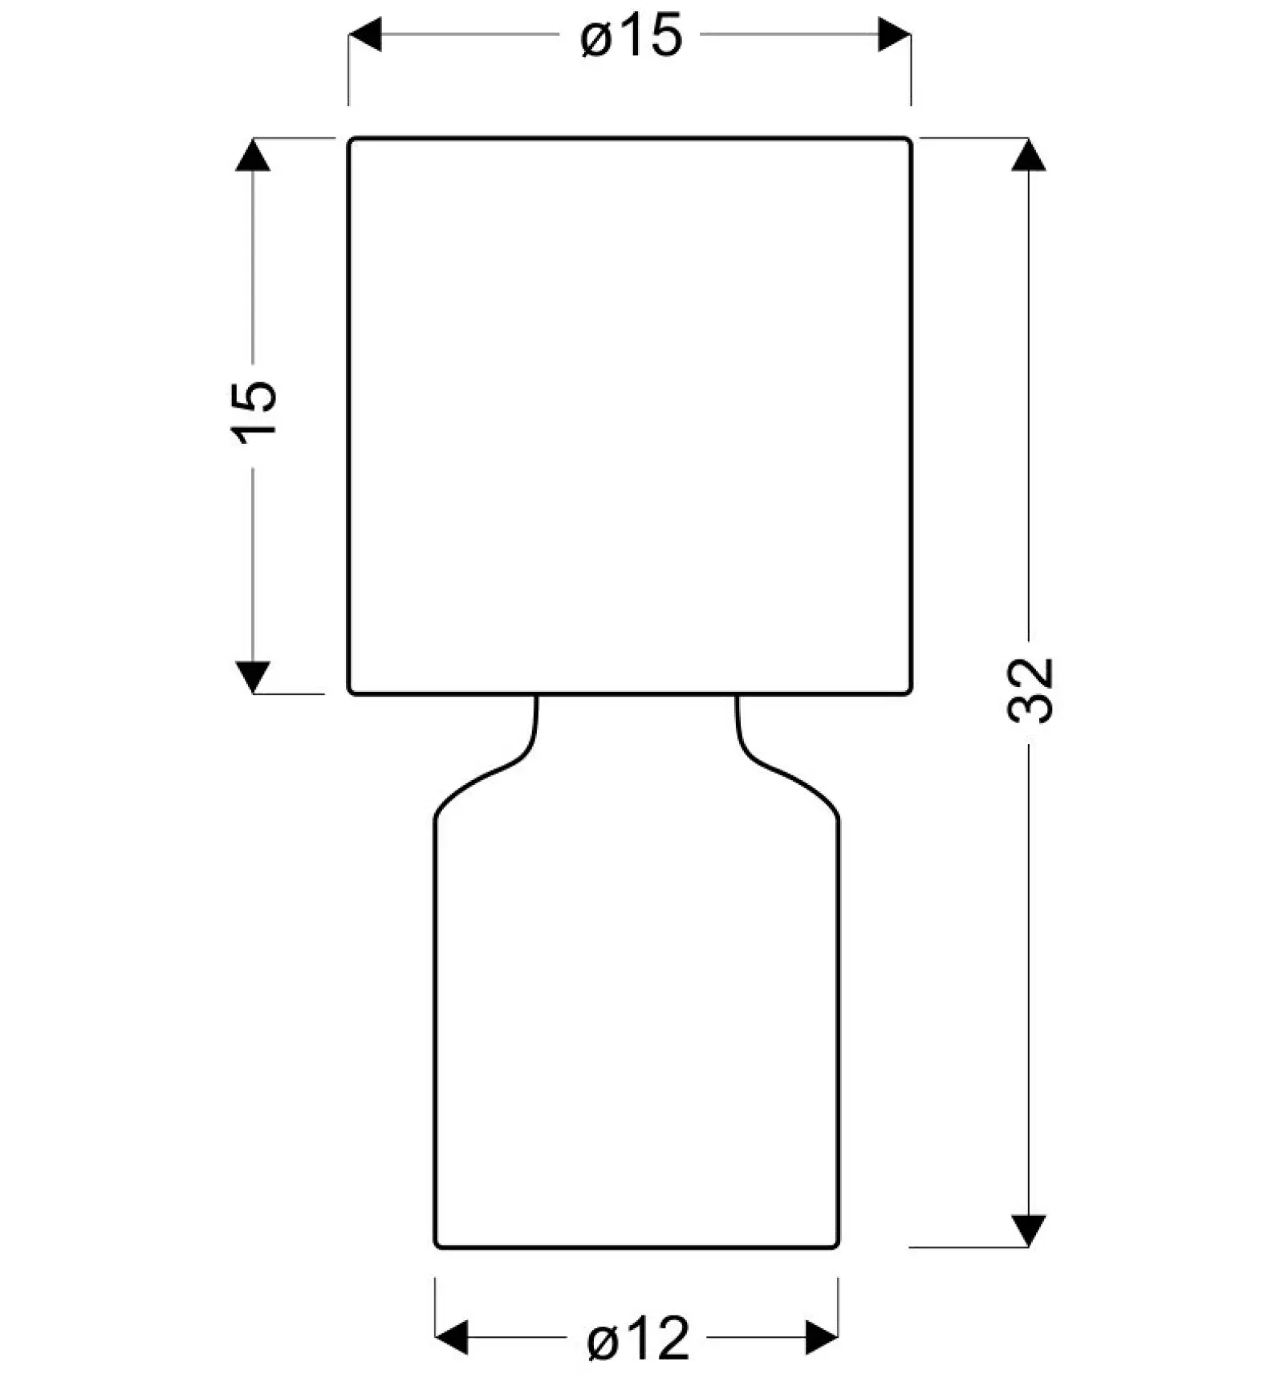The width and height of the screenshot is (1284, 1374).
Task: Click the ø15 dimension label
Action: [x=631, y=36]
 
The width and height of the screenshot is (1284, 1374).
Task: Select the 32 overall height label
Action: [x=1030, y=690]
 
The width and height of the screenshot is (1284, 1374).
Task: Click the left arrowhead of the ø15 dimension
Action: [x=365, y=35]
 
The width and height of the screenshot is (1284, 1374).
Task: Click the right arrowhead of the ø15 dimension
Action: [x=894, y=35]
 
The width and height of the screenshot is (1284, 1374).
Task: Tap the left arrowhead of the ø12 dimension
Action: [x=451, y=1338]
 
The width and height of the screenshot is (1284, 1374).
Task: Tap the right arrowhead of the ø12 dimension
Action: [x=822, y=1338]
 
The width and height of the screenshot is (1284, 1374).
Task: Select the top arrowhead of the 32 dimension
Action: [x=1028, y=155]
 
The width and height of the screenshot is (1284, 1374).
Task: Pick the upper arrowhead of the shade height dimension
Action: [x=253, y=155]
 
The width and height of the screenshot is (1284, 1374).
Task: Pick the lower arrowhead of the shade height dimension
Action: [x=253, y=677]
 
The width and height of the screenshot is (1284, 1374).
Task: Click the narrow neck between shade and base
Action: [x=636, y=722]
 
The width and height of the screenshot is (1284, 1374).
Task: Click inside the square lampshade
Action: [x=630, y=416]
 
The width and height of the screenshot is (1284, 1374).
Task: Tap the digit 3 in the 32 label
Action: [x=1030, y=708]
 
